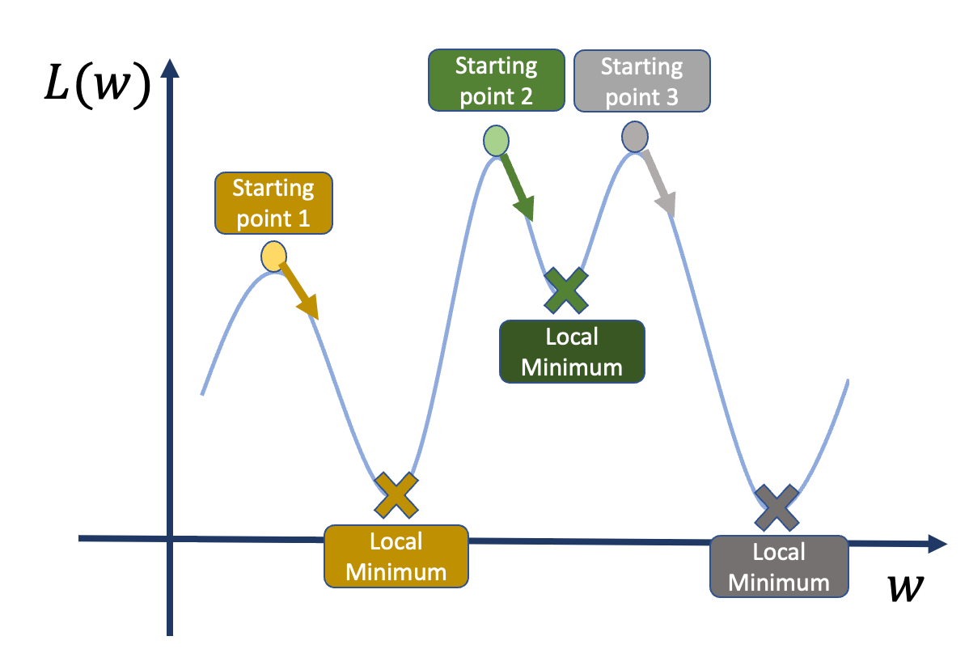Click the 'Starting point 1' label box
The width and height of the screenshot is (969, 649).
[273, 203]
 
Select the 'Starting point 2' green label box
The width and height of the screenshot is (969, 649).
[497, 80]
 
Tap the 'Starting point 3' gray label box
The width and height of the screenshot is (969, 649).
[642, 81]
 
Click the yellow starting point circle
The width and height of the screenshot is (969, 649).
[273, 257]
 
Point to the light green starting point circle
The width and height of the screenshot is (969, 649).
[497, 140]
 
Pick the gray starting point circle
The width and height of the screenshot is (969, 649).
[635, 137]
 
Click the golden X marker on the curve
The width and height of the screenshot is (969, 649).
[396, 495]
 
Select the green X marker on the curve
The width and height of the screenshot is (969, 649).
[566, 291]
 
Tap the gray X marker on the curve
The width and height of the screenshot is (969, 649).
[776, 507]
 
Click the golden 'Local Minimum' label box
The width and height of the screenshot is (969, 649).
[396, 556]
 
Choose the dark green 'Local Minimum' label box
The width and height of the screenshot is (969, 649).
[572, 352]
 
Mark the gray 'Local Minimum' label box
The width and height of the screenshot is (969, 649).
[779, 566]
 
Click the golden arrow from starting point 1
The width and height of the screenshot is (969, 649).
[299, 291]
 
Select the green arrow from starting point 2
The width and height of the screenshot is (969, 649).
[517, 187]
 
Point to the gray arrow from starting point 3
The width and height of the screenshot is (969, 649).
[658, 184]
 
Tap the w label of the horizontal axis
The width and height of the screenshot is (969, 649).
[905, 587]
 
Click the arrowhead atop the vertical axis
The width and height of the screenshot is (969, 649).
[170, 68]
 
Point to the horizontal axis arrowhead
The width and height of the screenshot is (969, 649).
[937, 544]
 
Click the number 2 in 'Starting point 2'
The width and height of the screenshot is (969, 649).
[526, 96]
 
